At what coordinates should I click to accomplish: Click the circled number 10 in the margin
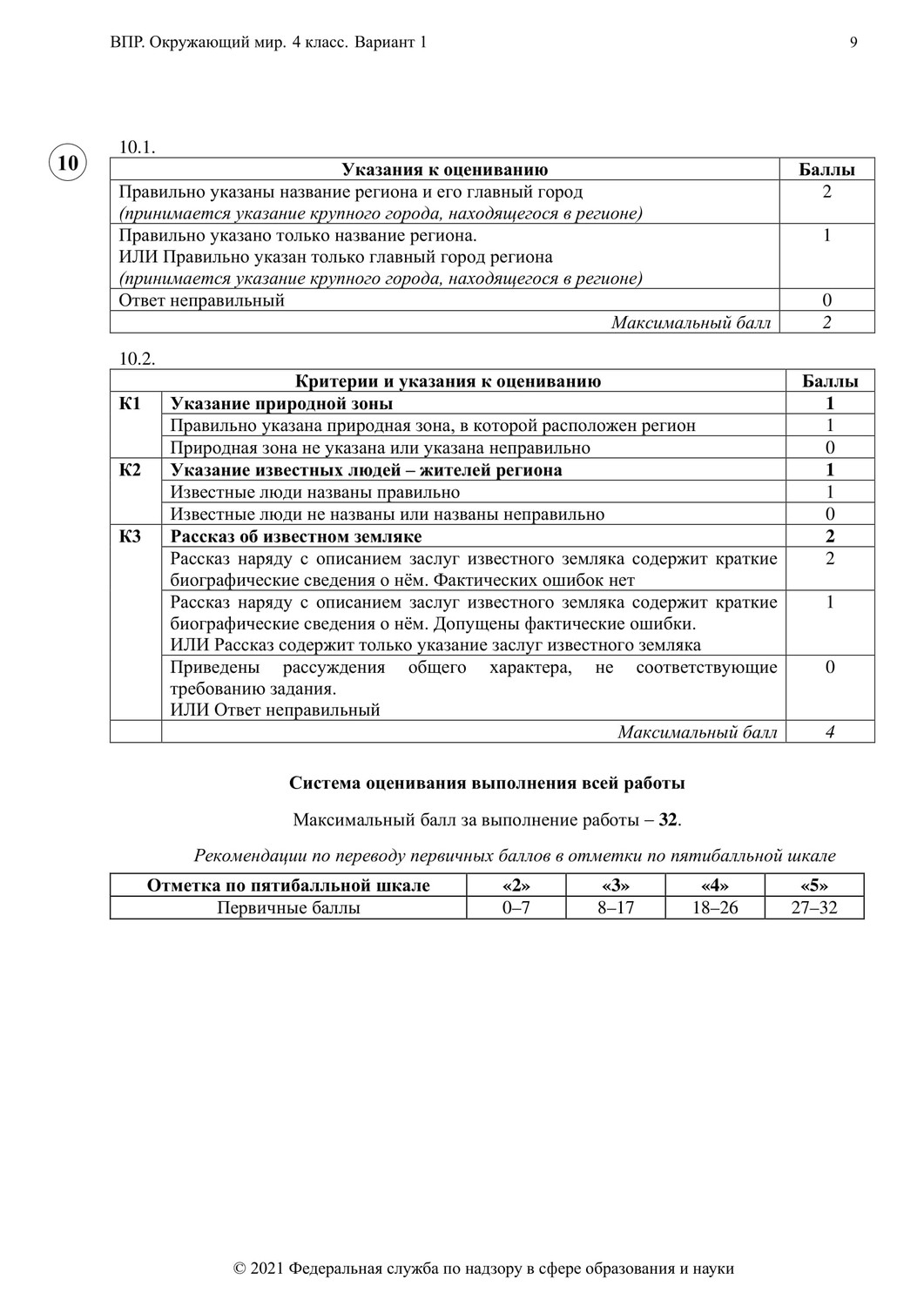pos(68,162)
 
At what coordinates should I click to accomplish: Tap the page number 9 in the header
pos(853,43)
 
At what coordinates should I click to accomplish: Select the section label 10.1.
pos(137,147)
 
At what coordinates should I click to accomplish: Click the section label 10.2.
pos(137,359)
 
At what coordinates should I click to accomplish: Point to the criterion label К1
pos(130,404)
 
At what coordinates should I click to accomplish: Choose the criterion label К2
pos(130,470)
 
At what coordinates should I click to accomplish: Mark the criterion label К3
pos(130,536)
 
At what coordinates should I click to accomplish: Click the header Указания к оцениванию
pos(444,170)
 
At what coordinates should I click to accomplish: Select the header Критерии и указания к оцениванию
pos(448,381)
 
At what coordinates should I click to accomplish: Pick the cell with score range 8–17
pos(615,908)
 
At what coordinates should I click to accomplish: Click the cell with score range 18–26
pos(714,908)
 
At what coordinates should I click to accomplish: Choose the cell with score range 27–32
pos(813,908)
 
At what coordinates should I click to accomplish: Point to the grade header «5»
pos(813,886)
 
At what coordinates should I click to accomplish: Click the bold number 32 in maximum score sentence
pos(668,820)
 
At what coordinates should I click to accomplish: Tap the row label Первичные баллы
pos(288,908)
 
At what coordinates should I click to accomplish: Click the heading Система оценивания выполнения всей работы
pos(487,783)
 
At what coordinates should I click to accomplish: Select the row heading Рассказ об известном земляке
pos(296,536)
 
